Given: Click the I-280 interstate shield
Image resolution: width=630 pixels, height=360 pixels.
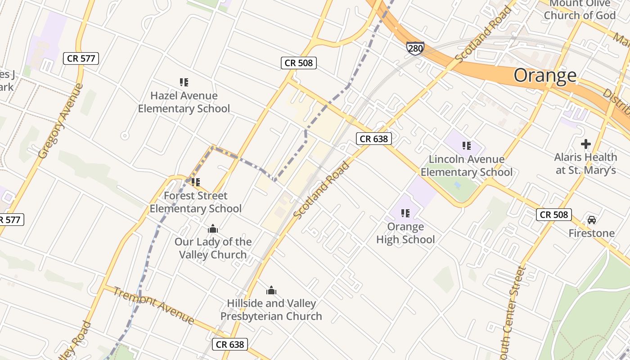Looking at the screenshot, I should (x=415, y=48).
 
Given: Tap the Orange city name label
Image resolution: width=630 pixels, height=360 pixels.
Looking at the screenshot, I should (x=545, y=75).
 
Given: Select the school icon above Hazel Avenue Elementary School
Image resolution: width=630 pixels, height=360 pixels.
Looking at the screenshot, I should (x=184, y=82).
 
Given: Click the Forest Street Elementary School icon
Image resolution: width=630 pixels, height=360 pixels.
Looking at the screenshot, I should (x=195, y=182).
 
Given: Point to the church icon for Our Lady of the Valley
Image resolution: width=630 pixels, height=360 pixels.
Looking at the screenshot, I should (x=213, y=229).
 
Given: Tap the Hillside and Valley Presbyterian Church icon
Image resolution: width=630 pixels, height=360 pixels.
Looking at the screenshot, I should (x=271, y=291).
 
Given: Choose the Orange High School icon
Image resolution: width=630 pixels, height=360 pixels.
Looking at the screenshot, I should (x=405, y=213).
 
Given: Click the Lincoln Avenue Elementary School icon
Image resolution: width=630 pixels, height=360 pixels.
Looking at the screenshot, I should (x=466, y=146).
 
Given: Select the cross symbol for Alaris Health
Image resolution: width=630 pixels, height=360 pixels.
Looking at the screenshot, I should (x=585, y=144).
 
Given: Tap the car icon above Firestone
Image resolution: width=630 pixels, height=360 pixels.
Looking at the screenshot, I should (x=591, y=220).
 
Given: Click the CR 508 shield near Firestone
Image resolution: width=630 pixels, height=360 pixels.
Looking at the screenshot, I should (x=553, y=215).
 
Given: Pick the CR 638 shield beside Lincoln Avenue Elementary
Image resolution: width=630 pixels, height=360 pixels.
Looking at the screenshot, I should (x=373, y=139).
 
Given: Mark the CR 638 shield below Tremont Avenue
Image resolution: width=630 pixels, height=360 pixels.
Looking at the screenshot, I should (x=229, y=344).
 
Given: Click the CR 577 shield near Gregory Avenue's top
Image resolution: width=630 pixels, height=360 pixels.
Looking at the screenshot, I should (x=81, y=58).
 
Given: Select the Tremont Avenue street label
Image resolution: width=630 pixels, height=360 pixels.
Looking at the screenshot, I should (x=153, y=305).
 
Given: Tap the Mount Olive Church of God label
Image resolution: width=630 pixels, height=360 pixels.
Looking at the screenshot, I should (x=580, y=10).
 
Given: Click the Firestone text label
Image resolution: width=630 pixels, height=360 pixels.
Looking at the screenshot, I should (x=591, y=233).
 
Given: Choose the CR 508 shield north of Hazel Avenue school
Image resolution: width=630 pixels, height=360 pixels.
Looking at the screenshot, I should (x=299, y=63).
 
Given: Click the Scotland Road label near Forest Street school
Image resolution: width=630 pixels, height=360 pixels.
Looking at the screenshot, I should (x=321, y=190).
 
